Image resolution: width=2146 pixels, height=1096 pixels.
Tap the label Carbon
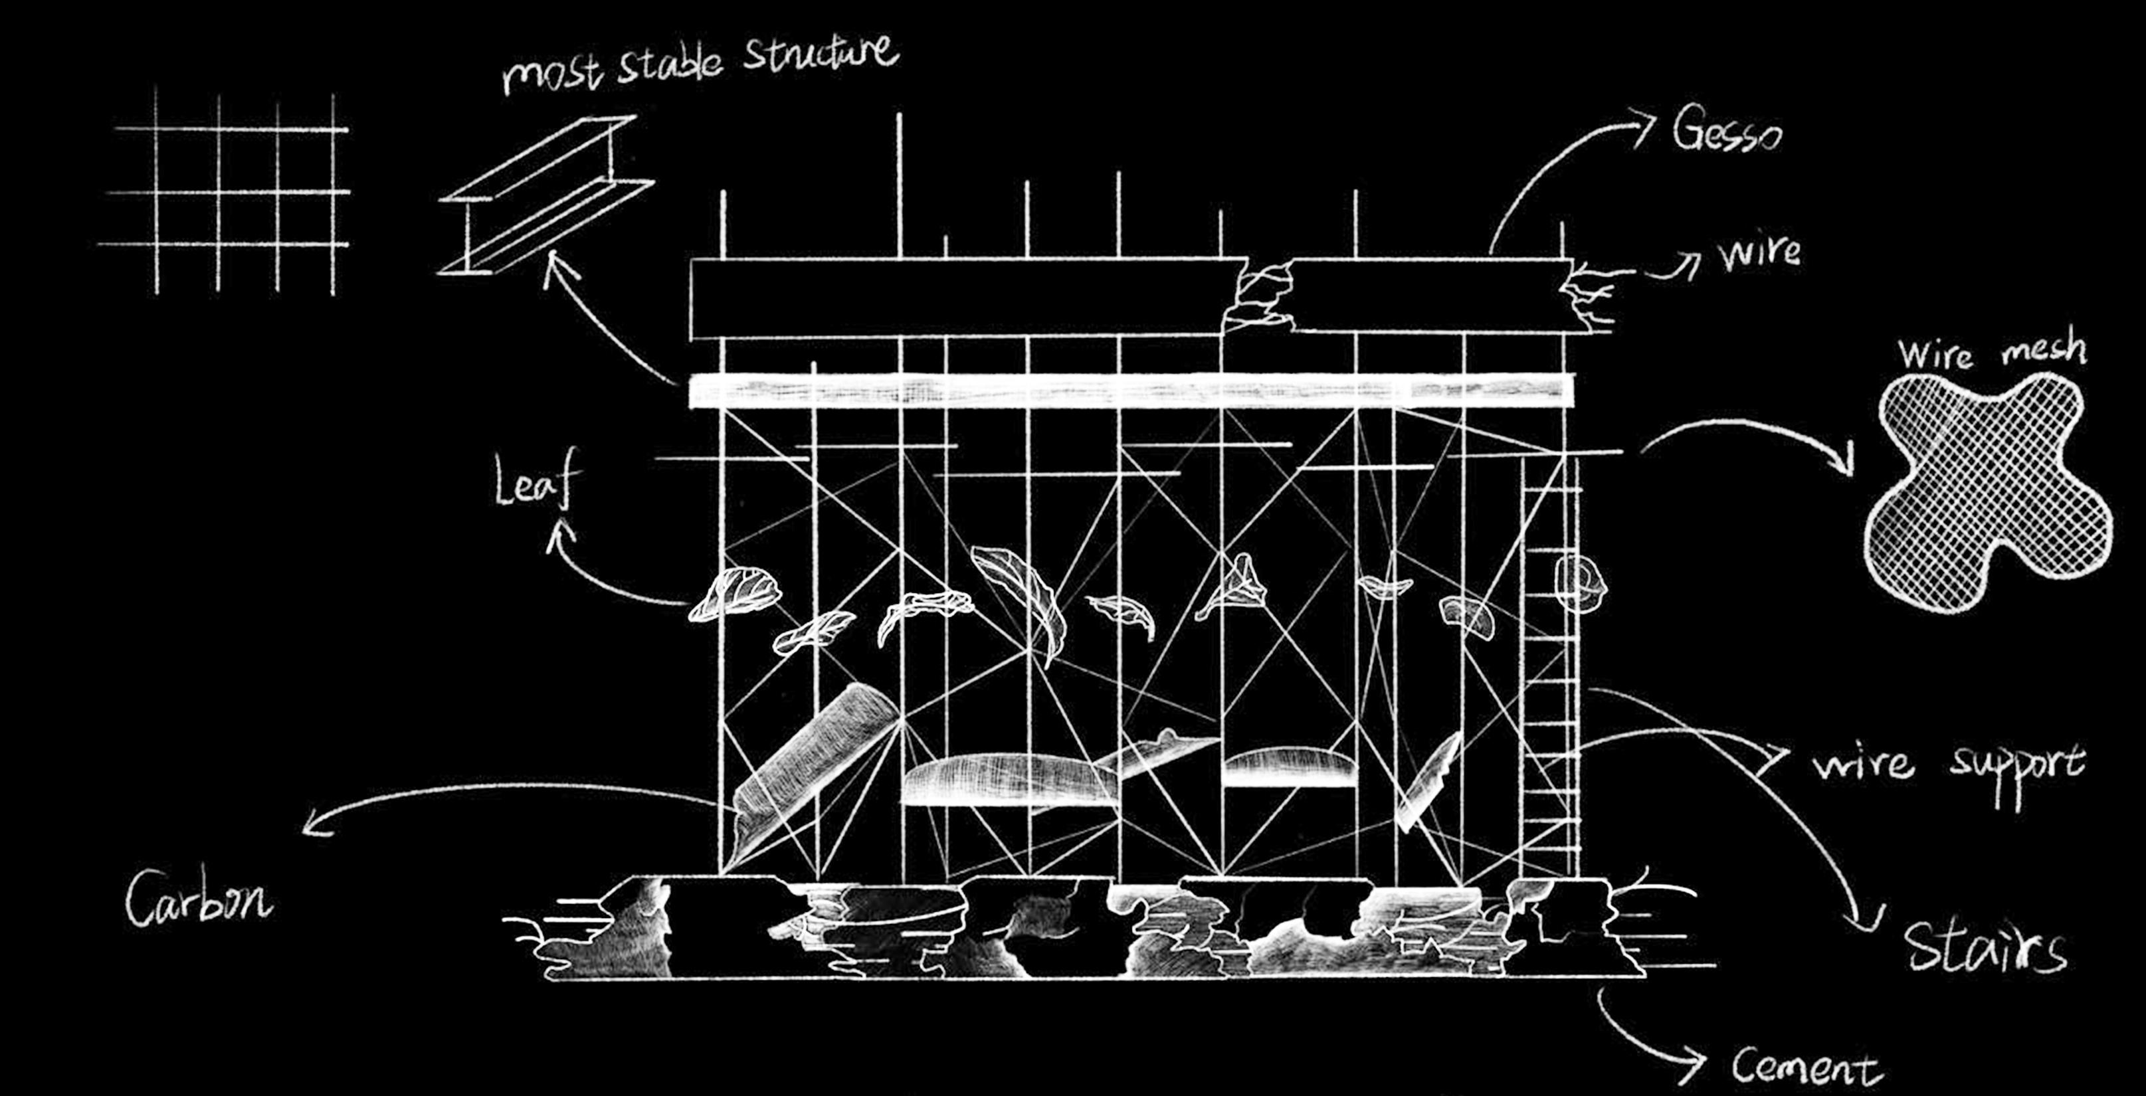point(198,899)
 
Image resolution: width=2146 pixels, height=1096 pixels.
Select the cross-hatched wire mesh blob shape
point(1987,492)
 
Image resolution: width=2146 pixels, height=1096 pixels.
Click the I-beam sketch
point(545,196)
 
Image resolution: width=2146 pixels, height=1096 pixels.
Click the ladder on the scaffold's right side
point(1549,666)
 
